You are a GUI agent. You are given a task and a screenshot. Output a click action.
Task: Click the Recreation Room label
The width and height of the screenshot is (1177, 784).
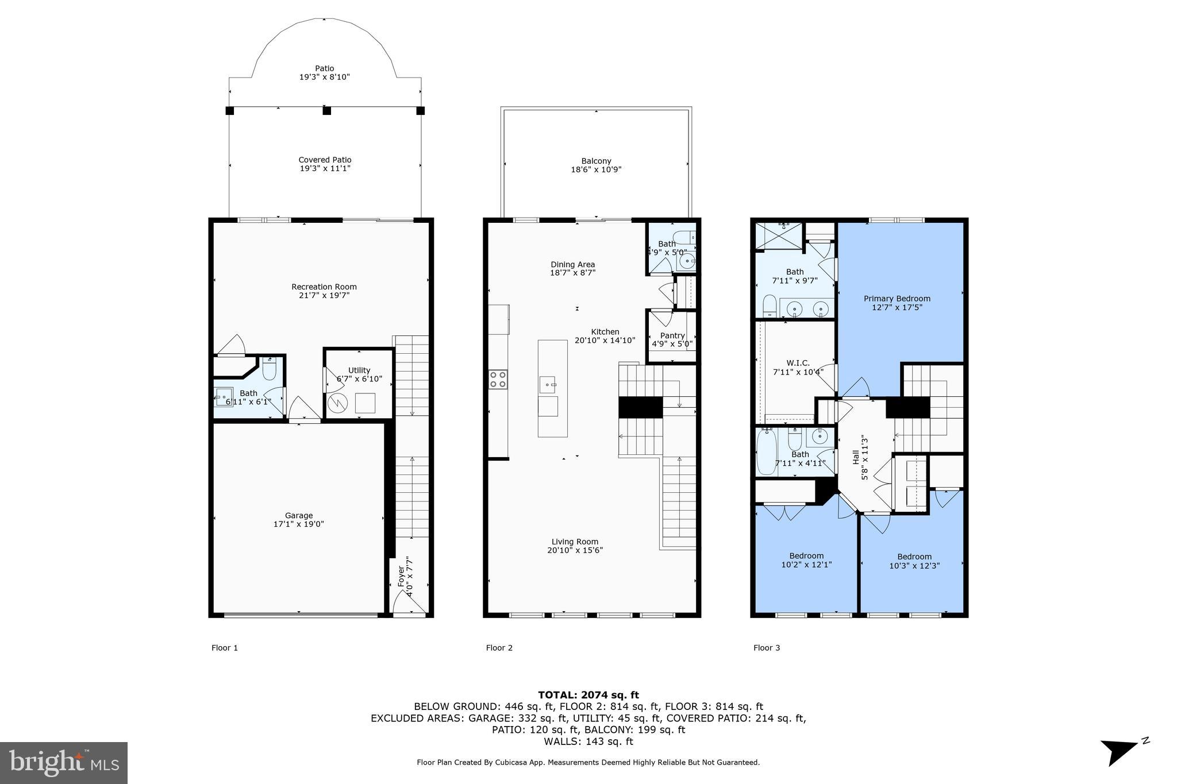(x=324, y=287)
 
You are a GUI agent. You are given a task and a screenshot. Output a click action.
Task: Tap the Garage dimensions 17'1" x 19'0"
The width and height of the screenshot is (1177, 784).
(x=298, y=524)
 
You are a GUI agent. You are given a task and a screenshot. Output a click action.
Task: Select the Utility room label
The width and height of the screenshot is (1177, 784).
(x=359, y=370)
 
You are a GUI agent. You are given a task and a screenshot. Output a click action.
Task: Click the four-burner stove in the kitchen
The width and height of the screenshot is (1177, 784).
(x=498, y=380)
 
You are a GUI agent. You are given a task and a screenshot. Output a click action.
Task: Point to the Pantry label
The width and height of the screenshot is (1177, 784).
(x=672, y=335)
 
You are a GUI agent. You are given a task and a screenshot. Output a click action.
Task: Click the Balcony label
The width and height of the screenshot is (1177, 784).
(x=596, y=161)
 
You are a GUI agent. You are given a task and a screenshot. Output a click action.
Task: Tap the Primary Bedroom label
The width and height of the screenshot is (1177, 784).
(x=897, y=299)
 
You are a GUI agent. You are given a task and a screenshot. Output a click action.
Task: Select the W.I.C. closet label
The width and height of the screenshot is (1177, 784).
(x=798, y=363)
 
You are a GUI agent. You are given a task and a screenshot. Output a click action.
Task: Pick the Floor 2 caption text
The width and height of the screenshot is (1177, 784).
(x=499, y=648)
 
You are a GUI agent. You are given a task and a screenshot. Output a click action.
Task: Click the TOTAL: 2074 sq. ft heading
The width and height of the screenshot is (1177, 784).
(x=588, y=695)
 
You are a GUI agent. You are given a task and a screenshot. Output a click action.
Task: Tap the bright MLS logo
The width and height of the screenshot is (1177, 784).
(x=64, y=763)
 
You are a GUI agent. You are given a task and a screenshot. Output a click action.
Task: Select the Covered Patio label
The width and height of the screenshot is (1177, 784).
(x=325, y=160)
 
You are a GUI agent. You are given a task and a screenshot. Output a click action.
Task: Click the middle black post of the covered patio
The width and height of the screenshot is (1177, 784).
(x=326, y=110)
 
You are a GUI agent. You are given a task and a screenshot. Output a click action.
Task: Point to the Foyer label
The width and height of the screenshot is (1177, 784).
(x=401, y=577)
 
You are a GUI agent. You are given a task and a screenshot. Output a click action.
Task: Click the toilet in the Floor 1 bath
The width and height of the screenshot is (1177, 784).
(x=270, y=369)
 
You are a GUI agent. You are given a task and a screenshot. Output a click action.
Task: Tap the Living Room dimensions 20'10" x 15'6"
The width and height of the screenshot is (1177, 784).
(x=575, y=550)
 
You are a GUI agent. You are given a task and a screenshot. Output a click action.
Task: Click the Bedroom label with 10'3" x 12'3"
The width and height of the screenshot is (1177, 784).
(x=914, y=557)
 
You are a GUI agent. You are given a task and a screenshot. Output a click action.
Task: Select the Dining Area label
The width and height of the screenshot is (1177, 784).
(x=572, y=265)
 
